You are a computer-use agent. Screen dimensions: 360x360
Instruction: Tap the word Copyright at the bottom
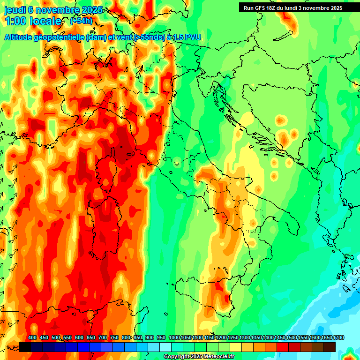[x=177, y=357]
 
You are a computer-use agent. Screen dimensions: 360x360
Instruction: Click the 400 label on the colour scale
[x=32, y=338]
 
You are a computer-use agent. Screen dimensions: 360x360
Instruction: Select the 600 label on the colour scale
[x=79, y=338]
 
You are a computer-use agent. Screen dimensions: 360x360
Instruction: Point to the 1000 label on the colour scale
[x=174, y=338]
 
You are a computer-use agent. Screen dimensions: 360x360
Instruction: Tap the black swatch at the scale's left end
[x=25, y=347]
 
